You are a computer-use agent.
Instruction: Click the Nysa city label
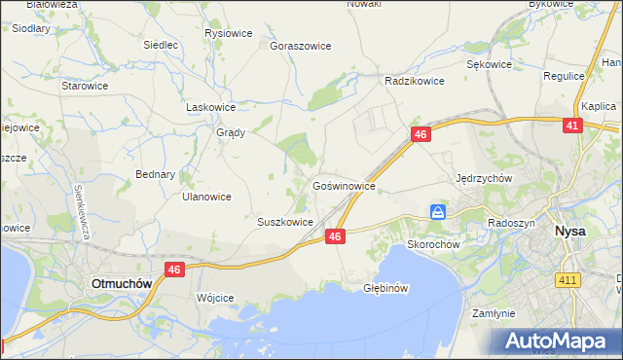(x=569, y=232)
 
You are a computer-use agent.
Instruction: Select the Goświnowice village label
(x=344, y=184)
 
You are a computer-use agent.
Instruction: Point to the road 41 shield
(x=573, y=126)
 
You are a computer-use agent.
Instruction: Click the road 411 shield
(x=568, y=280)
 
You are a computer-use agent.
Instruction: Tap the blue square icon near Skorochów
(x=439, y=211)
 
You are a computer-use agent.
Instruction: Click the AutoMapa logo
(x=560, y=342)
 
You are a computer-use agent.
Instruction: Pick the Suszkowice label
(x=285, y=222)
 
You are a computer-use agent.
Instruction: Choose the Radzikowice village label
(x=415, y=82)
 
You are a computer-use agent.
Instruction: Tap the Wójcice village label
(x=215, y=298)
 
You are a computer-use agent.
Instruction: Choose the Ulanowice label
(x=206, y=196)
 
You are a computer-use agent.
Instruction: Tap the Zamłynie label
(x=493, y=313)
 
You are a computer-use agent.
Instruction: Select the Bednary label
(x=156, y=175)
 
